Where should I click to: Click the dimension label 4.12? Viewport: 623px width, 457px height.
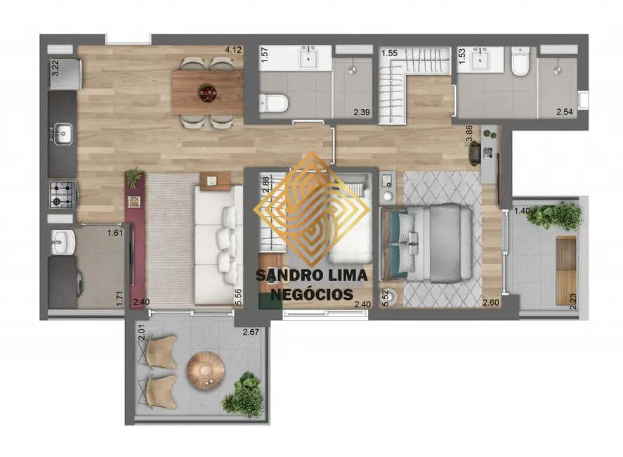[233, 50]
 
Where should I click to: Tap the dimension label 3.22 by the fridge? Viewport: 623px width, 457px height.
[55, 67]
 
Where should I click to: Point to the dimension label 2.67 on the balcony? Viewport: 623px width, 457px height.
[251, 332]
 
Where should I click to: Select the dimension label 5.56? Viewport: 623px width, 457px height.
[238, 297]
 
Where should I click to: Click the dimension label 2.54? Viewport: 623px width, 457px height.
[565, 112]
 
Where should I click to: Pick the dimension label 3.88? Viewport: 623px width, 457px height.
[469, 134]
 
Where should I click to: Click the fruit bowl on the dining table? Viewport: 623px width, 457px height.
[207, 93]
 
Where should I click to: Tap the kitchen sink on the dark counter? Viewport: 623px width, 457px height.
[63, 134]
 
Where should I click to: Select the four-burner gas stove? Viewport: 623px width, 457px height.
[63, 195]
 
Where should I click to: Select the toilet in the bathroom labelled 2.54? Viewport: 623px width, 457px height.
[520, 61]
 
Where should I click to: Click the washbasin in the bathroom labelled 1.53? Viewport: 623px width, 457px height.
[480, 60]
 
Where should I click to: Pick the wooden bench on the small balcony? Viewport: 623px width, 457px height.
[566, 271]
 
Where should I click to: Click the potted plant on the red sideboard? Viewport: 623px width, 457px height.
[134, 177]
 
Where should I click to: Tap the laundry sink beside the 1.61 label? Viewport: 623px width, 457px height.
[63, 242]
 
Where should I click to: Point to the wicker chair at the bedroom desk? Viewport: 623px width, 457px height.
[475, 153]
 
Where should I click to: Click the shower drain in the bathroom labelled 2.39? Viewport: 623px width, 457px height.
[353, 70]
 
